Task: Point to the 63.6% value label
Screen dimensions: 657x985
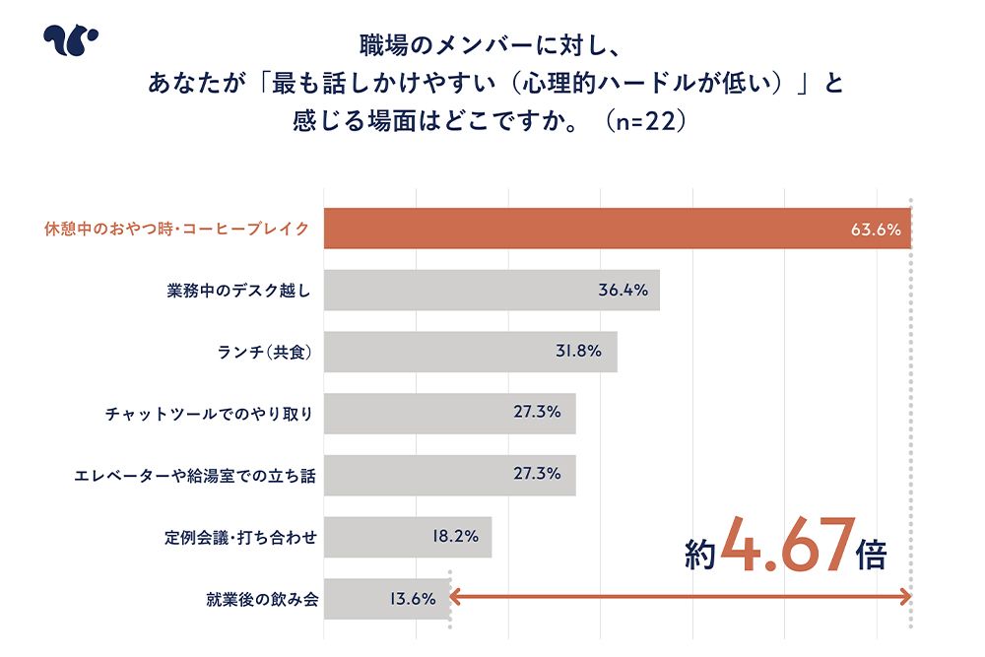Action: tap(876, 230)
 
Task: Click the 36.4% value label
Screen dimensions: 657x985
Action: tap(623, 291)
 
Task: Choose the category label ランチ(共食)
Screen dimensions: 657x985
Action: tap(263, 353)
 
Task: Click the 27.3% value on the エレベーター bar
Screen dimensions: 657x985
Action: tap(537, 474)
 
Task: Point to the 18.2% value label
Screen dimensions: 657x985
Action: tap(454, 537)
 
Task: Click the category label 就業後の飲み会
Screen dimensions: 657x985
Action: tap(262, 598)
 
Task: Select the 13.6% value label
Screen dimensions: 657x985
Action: tap(412, 598)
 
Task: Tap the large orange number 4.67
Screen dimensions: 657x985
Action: tap(785, 549)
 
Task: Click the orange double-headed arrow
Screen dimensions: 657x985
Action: tap(680, 595)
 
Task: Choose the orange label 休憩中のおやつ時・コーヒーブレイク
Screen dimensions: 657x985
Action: tap(176, 230)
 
